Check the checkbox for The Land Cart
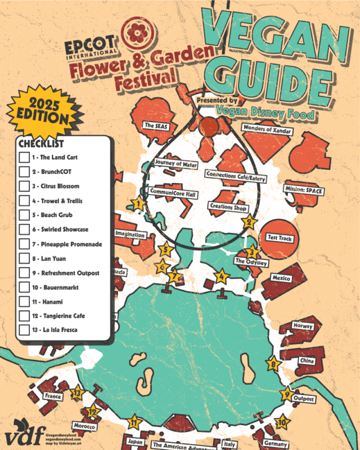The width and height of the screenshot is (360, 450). (24, 157)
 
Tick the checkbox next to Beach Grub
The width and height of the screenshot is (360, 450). (24, 215)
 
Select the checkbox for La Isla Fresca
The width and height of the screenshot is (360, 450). (24, 330)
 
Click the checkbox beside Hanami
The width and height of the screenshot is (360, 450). (24, 301)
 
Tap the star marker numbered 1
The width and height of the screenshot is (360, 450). (137, 204)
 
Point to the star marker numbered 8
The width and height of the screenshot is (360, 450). (274, 364)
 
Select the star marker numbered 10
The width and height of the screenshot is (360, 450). (282, 421)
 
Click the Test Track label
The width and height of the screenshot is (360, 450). (279, 238)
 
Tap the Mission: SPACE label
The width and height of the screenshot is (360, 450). (304, 191)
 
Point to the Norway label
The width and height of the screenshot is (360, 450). (302, 326)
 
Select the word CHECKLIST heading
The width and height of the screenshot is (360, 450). (40, 143)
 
